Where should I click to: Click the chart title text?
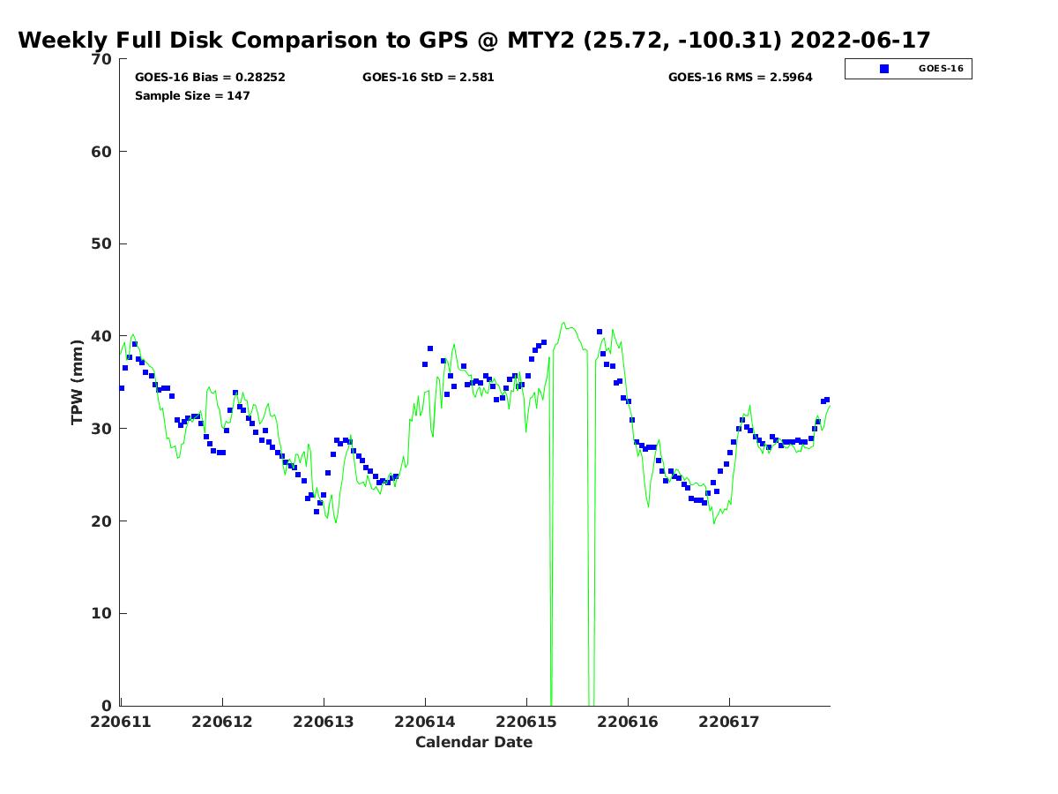[474, 41]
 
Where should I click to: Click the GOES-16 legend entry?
[940, 69]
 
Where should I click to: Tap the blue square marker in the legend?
[884, 69]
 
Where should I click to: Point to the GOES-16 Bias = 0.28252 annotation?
[210, 78]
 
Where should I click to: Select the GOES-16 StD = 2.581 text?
[428, 78]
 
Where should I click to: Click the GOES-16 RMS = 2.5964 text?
[741, 78]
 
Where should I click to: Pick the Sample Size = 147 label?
[192, 96]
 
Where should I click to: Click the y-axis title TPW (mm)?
[78, 382]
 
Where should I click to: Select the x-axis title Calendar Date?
[474, 743]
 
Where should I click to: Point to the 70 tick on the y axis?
[101, 59]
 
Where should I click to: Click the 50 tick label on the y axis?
[101, 243]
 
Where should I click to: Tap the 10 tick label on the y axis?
[101, 613]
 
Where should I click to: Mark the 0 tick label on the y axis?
[107, 706]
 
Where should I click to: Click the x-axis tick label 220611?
[121, 722]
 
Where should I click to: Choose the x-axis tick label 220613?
[324, 722]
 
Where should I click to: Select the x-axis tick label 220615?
[526, 722]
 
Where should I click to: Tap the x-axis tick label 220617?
[729, 722]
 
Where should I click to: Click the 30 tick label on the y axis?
[101, 429]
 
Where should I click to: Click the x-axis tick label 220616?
[628, 722]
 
